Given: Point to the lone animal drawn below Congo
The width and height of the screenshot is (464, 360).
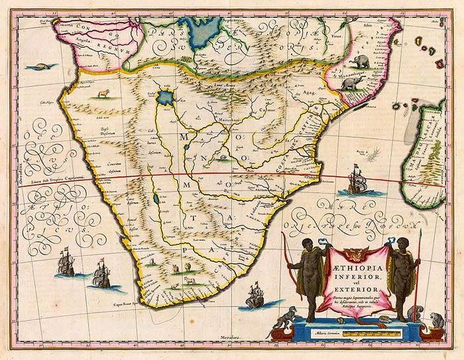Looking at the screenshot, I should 103,93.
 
